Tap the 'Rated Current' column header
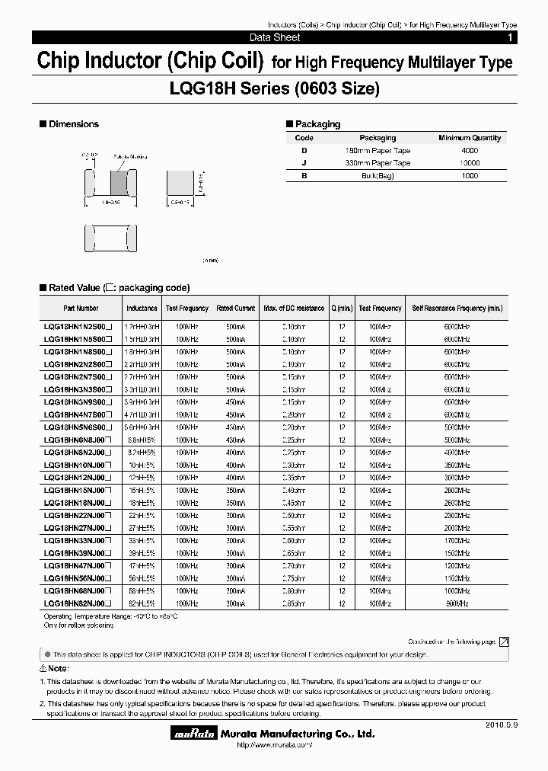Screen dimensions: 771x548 click(235, 309)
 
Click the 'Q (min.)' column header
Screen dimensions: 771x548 click(342, 309)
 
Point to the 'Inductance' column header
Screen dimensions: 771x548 click(142, 309)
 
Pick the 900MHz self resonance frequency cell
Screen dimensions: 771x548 click(457, 603)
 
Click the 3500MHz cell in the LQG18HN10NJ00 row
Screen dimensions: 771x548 click(457, 465)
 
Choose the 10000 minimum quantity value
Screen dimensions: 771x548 click(470, 163)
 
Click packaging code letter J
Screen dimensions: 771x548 click(304, 163)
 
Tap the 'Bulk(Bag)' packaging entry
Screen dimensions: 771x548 click(378, 176)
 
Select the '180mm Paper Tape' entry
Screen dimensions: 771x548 click(378, 151)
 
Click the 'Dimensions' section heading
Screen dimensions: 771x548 click(74, 124)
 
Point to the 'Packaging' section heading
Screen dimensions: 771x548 click(317, 124)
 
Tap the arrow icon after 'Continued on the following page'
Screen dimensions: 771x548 click(504, 642)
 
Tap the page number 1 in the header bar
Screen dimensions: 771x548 click(510, 37)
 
